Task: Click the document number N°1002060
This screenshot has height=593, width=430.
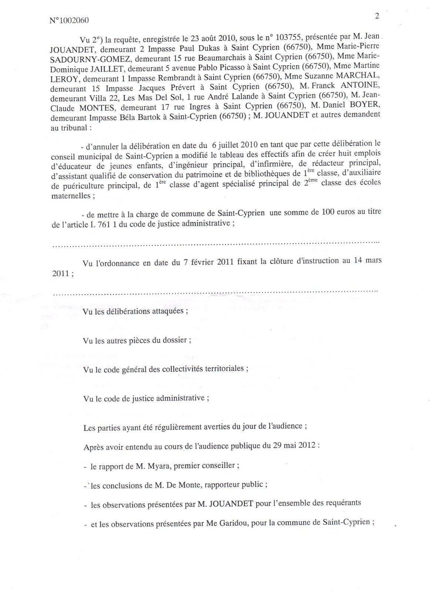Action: click(x=69, y=21)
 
